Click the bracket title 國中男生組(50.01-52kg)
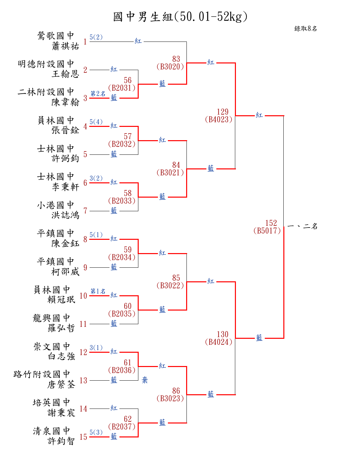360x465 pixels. [180, 17]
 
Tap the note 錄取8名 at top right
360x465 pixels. [306, 29]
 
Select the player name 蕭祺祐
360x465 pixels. [65, 46]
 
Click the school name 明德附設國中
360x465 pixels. [46, 64]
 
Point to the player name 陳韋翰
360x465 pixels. [65, 102]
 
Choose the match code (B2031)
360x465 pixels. [122, 88]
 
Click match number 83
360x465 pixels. [176, 59]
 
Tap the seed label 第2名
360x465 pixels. [98, 94]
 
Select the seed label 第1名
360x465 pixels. [98, 291]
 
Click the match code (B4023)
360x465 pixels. [219, 120]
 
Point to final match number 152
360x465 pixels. [271, 223]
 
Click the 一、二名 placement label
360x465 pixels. [302, 227]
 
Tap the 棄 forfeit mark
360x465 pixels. [145, 380]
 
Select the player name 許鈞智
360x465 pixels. [61, 441]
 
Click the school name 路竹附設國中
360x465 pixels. [42, 374]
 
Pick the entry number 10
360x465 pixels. [83, 296]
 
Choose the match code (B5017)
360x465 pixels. [267, 231]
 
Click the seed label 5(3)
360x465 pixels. [96, 432]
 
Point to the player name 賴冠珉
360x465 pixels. [61, 300]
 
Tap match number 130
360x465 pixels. [223, 334]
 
